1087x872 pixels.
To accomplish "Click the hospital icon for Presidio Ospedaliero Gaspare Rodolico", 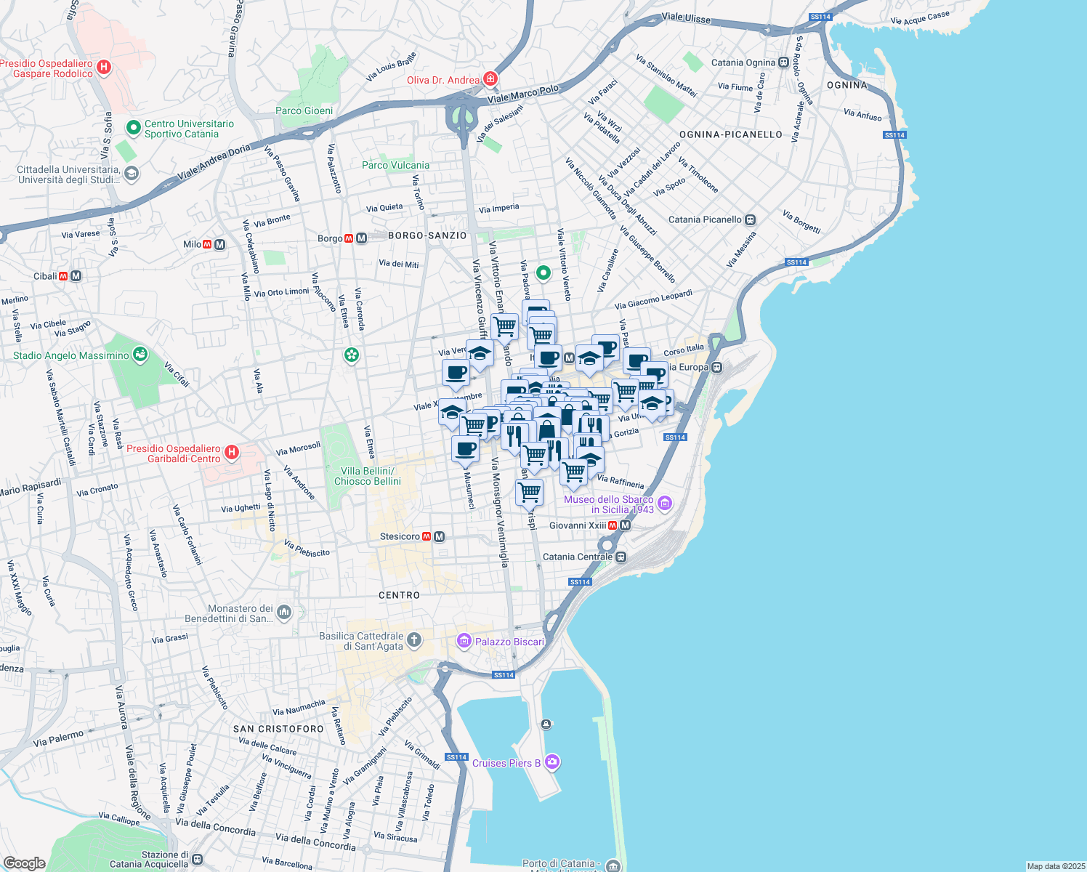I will [104, 68].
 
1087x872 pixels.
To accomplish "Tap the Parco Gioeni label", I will [304, 111].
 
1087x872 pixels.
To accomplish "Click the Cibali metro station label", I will [45, 276].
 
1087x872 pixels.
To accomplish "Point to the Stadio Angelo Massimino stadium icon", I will [141, 355].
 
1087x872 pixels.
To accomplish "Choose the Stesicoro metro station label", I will [400, 537].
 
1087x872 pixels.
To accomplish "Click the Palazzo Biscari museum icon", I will [464, 641].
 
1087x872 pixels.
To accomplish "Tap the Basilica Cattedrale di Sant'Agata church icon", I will [413, 640].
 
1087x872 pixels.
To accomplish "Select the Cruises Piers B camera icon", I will [552, 762].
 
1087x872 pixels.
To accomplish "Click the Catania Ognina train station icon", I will [783, 62].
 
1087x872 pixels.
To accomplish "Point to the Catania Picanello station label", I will [705, 219].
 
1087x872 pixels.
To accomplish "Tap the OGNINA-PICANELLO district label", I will [730, 134].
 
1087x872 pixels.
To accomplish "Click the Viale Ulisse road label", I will [686, 17].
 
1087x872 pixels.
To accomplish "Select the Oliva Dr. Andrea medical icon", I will [491, 78].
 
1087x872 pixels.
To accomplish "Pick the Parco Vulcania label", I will [395, 165].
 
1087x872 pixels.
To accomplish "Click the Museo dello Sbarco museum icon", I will [665, 503].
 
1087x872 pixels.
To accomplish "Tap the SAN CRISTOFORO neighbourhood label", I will [278, 729].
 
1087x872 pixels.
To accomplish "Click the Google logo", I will [24, 863].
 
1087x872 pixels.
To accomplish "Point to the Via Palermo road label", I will [58, 739].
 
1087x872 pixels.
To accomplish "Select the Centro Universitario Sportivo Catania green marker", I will [133, 128].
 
